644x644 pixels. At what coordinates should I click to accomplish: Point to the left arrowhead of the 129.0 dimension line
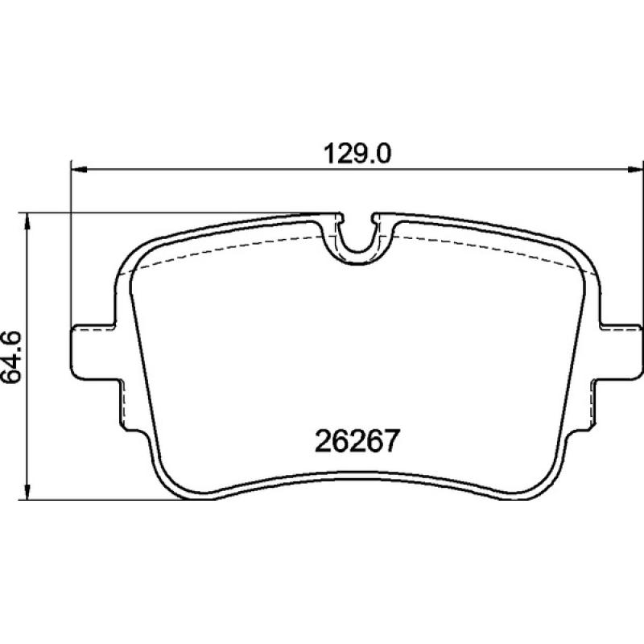[79, 169]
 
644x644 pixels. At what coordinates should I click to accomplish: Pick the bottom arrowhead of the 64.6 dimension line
[29, 493]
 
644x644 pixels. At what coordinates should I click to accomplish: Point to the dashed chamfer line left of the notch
[225, 248]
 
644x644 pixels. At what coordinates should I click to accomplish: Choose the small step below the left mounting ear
[122, 402]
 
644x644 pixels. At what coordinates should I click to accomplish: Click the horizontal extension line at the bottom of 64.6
[97, 500]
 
